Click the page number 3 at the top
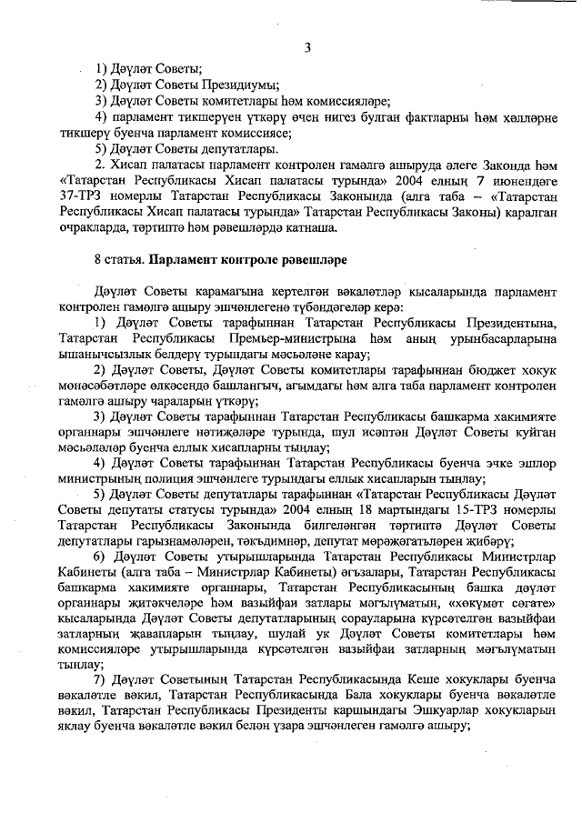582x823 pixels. point(307,47)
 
